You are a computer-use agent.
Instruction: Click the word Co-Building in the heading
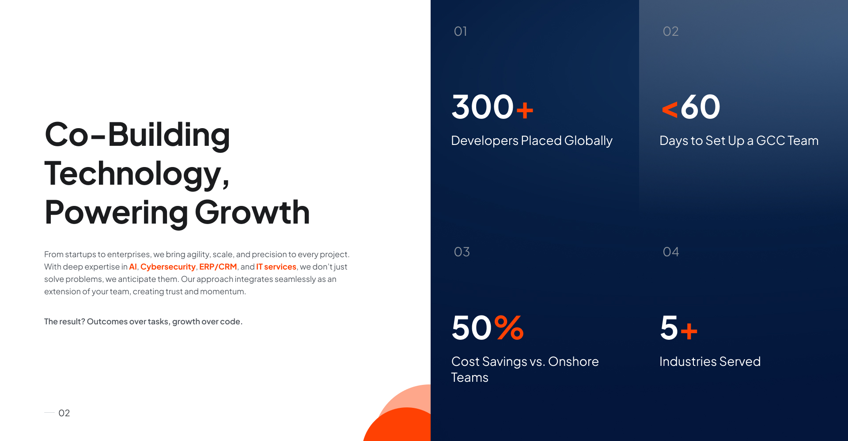(x=137, y=134)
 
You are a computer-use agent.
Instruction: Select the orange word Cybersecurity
(x=168, y=267)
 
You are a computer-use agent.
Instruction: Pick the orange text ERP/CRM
(x=218, y=267)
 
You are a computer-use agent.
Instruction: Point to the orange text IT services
(x=276, y=267)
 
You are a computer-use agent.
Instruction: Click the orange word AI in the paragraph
(x=133, y=267)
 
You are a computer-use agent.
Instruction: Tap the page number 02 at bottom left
(x=64, y=413)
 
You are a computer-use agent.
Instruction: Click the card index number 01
(x=460, y=31)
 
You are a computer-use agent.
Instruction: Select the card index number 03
(x=462, y=252)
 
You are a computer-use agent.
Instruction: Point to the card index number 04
(x=671, y=252)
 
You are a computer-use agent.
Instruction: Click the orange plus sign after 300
(x=525, y=110)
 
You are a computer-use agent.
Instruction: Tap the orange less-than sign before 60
(x=670, y=109)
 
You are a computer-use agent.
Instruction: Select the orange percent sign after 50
(x=509, y=327)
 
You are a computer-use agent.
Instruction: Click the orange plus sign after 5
(x=689, y=331)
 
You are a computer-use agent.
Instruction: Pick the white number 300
(x=483, y=107)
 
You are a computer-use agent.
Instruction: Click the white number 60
(x=700, y=107)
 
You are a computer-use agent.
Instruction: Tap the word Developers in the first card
(x=485, y=141)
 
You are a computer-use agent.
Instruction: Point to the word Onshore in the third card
(x=573, y=361)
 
